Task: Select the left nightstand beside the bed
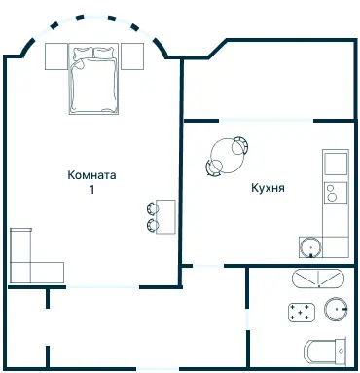point(56,56)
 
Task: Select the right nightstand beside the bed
point(131,56)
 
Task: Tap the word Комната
point(92,175)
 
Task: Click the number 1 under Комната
point(92,190)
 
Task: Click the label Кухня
point(267,189)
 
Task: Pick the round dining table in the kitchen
point(228,153)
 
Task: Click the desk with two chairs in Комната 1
point(166,215)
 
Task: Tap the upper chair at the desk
point(153,206)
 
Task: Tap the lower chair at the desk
point(153,225)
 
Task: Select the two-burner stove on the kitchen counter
point(336,191)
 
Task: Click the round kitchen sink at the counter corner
point(311,246)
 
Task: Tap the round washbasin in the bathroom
point(337,311)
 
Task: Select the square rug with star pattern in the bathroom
point(303,313)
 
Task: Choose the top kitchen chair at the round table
point(239,141)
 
